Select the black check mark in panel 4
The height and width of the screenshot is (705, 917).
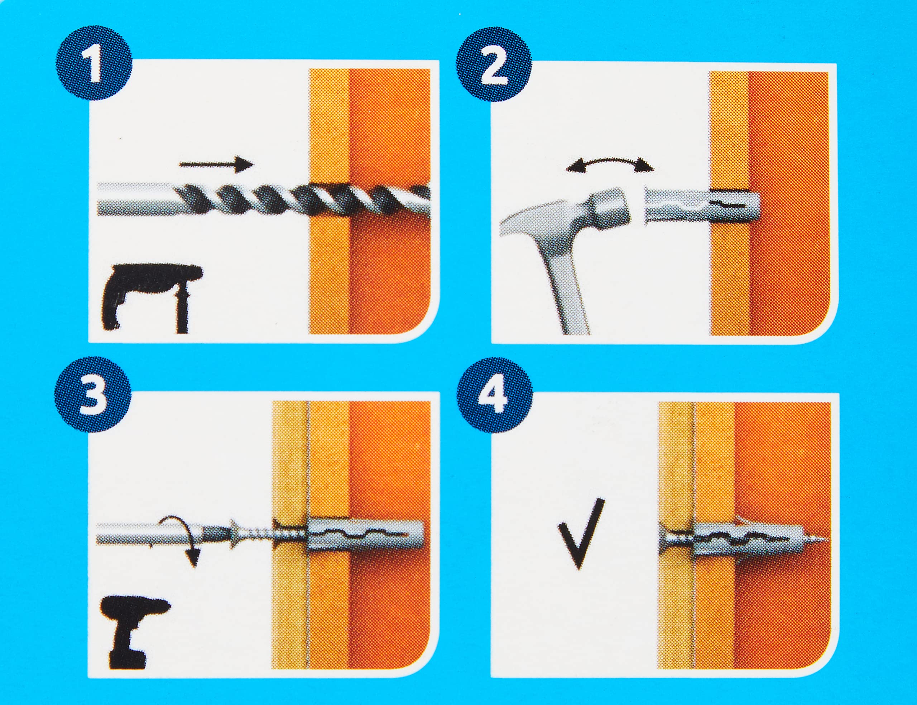click(x=581, y=532)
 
